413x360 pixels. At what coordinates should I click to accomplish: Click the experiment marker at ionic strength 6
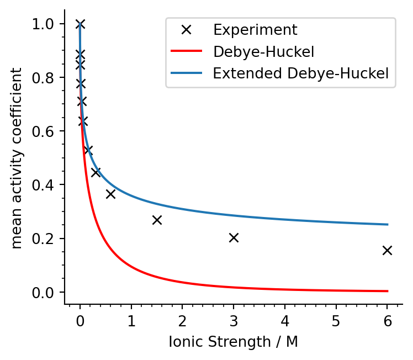387,250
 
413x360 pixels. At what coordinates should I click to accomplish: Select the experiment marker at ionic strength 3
234,237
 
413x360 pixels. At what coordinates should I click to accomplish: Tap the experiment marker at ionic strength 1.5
157,220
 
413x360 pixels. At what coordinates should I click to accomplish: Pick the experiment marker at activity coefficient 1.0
80,24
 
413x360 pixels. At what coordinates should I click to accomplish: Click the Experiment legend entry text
255,30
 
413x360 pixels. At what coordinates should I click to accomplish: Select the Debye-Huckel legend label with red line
263,52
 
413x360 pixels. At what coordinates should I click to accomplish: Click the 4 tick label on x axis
285,320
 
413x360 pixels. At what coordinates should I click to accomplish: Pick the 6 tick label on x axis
387,320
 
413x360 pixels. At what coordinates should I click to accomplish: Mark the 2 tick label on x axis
182,320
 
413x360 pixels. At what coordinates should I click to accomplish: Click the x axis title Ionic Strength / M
233,342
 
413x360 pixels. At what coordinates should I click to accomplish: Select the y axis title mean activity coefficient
17,158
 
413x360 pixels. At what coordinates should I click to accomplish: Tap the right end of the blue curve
387,224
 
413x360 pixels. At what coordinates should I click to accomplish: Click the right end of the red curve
387,291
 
